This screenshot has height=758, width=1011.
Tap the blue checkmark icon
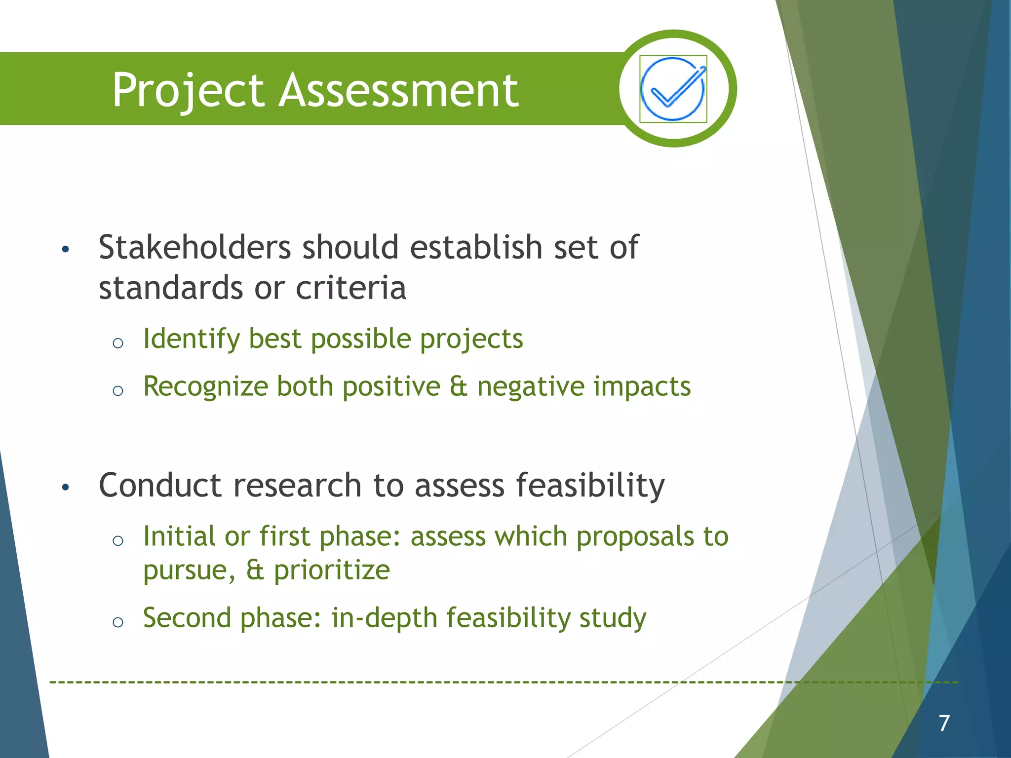(x=673, y=89)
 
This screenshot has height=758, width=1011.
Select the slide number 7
(x=944, y=723)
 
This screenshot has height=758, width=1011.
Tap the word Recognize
(x=205, y=387)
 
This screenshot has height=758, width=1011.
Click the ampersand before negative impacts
(x=459, y=386)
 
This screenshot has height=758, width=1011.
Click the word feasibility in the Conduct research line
(x=590, y=486)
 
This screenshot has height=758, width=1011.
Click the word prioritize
(x=332, y=570)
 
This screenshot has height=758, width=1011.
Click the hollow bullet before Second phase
(x=117, y=622)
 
